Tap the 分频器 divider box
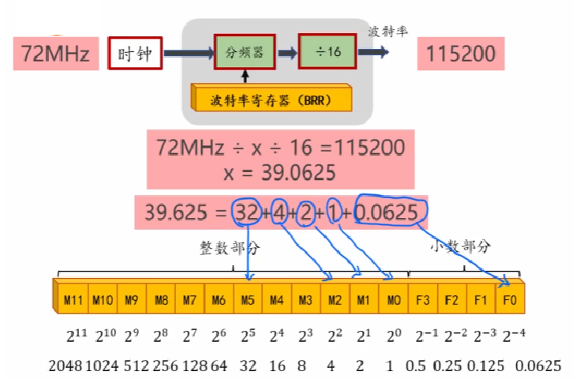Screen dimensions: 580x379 (245, 54)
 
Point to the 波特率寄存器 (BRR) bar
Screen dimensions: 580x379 (271, 99)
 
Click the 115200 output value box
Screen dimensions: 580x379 (461, 54)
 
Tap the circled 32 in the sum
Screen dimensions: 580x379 (245, 212)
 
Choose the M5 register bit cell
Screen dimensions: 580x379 (248, 300)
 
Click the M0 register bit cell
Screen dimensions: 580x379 (393, 300)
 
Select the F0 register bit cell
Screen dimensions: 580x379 (509, 300)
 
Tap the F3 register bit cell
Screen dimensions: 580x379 (422, 300)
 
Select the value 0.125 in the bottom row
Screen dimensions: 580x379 (482, 365)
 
